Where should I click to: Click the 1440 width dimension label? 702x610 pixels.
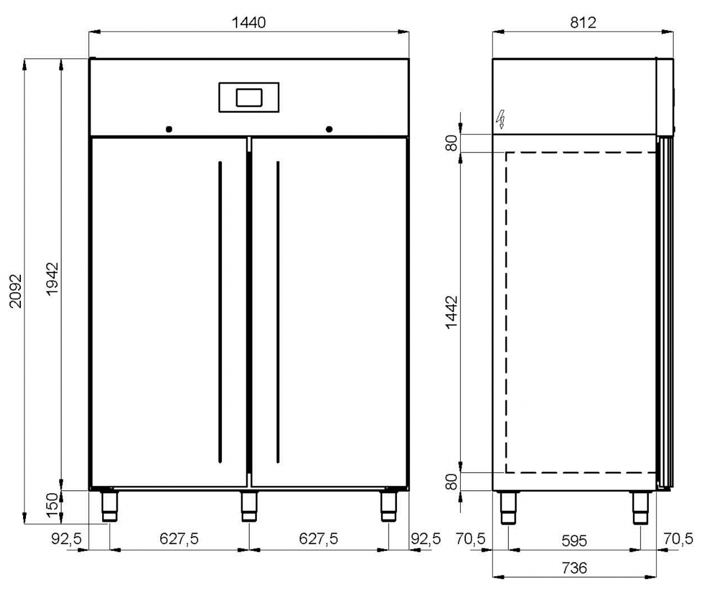(x=248, y=23)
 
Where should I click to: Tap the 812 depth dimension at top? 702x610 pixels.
(x=583, y=23)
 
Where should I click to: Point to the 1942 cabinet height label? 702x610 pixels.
(x=53, y=279)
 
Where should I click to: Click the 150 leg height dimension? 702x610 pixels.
(x=53, y=505)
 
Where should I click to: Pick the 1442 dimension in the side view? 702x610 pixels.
(x=452, y=312)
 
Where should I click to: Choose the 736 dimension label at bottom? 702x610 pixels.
(x=574, y=568)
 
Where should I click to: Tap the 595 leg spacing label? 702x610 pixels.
(x=574, y=541)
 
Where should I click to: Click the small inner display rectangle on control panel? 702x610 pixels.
(x=249, y=98)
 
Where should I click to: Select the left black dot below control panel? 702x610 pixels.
(x=169, y=129)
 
